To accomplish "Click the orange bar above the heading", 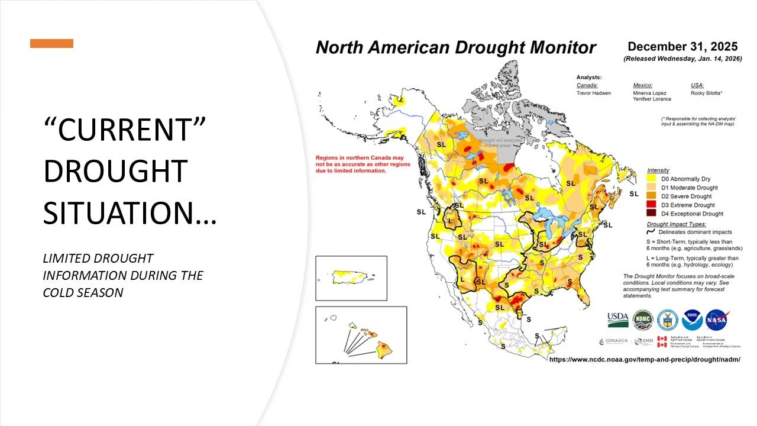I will click(x=52, y=43).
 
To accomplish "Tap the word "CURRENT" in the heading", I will click(x=125, y=128).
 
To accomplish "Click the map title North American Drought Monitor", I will click(x=455, y=48).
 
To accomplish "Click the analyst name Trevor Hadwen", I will click(x=594, y=93).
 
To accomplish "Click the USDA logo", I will click(x=617, y=320).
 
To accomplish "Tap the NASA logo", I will click(x=717, y=320).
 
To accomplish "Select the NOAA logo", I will click(x=692, y=320).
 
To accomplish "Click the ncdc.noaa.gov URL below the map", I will click(x=645, y=359).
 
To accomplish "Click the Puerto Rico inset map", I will click(x=351, y=277).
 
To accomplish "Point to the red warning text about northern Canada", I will click(x=351, y=164).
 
